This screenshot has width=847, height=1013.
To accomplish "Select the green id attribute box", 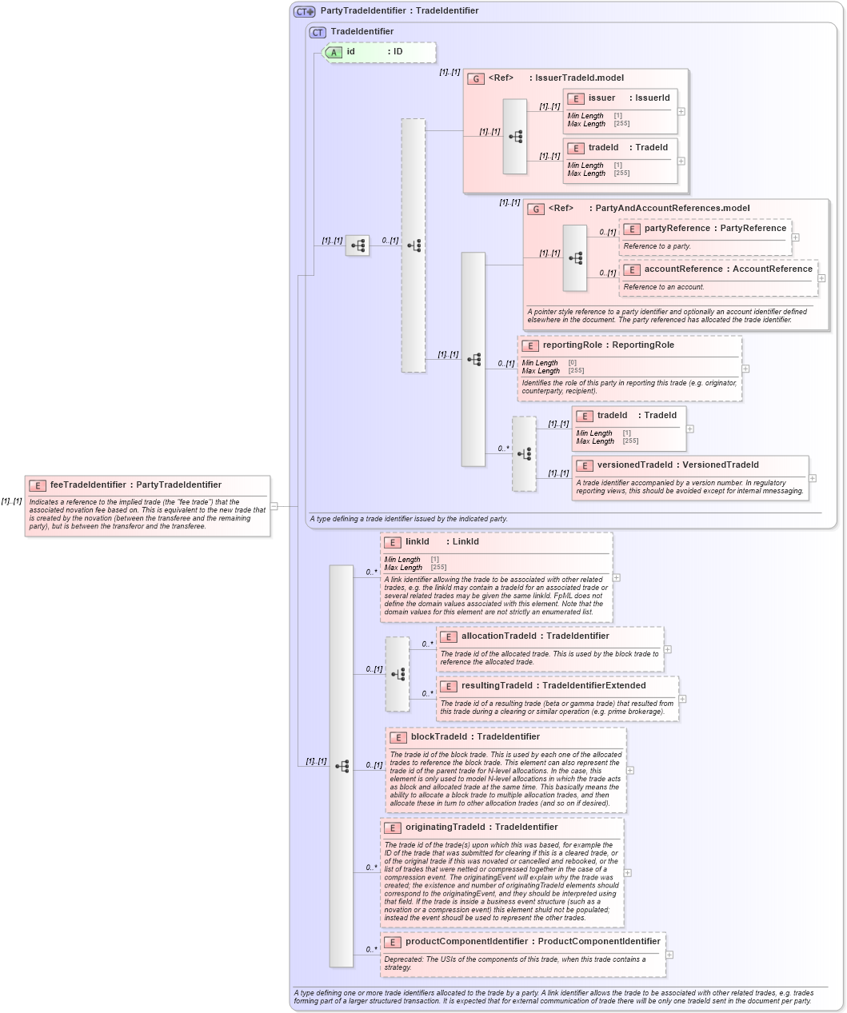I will [x=379, y=52].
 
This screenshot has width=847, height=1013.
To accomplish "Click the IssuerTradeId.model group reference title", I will [x=576, y=78].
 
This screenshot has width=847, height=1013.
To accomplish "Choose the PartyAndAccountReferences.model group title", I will [x=672, y=209].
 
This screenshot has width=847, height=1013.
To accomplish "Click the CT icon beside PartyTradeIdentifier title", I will [x=304, y=11].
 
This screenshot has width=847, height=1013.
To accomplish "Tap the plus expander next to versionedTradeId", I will [x=813, y=478].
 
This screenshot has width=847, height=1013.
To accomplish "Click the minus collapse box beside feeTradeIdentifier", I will [x=274, y=505].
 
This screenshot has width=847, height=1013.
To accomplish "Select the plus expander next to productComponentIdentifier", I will [x=669, y=955].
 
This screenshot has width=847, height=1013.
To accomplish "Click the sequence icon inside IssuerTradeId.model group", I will [x=515, y=137].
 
